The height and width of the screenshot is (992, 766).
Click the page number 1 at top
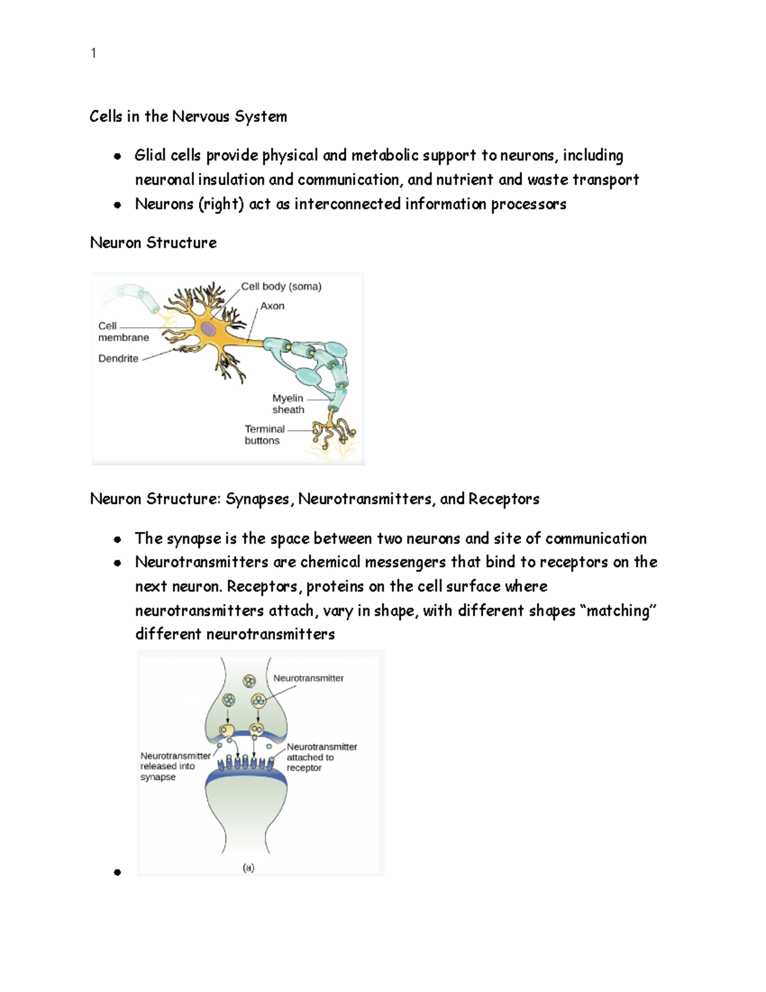click(x=94, y=54)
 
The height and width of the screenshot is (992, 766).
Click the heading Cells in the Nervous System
click(x=188, y=116)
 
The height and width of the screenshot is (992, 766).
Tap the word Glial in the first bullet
click(x=150, y=155)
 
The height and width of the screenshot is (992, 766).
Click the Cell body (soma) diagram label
click(x=281, y=287)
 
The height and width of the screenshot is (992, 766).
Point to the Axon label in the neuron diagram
click(x=272, y=306)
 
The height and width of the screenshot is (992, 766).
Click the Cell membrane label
click(x=123, y=332)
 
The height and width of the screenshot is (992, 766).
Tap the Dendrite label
click(x=118, y=358)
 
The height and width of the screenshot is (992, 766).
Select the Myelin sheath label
click(x=288, y=404)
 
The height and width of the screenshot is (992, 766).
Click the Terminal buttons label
click(x=264, y=434)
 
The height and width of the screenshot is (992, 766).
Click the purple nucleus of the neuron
click(x=209, y=330)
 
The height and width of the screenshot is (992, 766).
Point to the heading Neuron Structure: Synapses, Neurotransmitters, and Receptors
click(x=314, y=499)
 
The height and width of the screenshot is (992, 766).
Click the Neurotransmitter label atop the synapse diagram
click(x=308, y=678)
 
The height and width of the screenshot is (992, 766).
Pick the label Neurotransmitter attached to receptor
click(x=321, y=757)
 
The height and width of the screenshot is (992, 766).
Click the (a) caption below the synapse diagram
click(x=248, y=867)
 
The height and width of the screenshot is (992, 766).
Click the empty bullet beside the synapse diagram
click(x=117, y=872)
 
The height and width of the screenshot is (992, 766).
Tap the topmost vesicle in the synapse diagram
click(x=248, y=682)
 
